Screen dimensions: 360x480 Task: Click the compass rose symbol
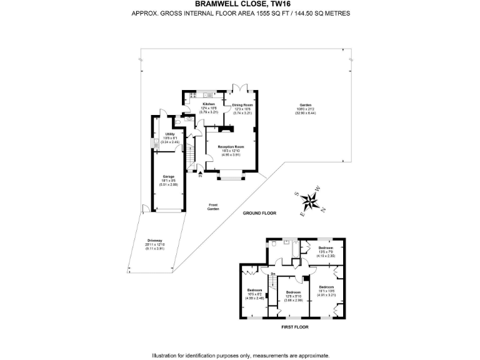click(310, 201)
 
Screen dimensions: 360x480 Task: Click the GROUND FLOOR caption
click(259, 213)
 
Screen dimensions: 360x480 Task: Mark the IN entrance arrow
click(201, 175)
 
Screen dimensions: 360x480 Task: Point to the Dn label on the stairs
click(273, 274)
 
